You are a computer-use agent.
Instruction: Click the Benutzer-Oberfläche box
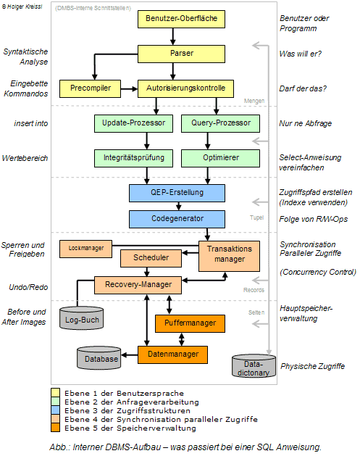point(172,18)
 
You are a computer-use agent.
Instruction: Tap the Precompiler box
point(89,88)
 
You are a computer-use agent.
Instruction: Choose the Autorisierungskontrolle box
point(186,88)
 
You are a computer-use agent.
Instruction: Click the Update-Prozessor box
point(133,123)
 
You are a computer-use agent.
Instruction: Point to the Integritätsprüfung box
point(133,157)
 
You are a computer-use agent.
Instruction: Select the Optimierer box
point(210,157)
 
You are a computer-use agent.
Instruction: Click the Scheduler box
point(151,257)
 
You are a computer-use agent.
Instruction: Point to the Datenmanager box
point(172,355)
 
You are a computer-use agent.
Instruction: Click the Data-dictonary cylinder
point(253,366)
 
